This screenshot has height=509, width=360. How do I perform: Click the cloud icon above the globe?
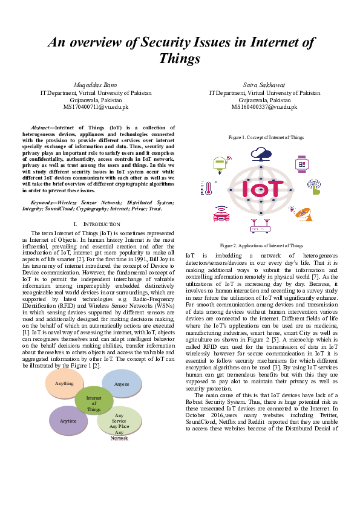tap(261, 154)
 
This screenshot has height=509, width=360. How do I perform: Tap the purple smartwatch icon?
tap(301, 164)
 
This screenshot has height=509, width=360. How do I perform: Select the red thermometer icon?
tap(208, 188)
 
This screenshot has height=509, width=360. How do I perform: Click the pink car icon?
tap(221, 215)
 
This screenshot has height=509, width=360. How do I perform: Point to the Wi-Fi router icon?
tap(261, 227)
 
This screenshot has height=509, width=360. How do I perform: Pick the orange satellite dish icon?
tap(304, 213)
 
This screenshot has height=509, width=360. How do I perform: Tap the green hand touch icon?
tap(314, 187)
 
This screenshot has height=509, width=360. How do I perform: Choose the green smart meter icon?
tap(220, 164)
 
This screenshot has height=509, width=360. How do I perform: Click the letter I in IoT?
tap(246, 189)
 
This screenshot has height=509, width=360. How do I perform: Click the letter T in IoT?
tap(274, 189)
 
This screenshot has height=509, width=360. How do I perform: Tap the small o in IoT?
tap(259, 190)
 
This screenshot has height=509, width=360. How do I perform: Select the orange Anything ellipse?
tap(64, 383)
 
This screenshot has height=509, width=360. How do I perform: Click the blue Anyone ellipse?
tap(122, 384)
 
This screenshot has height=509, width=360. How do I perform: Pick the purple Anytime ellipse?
tap(68, 421)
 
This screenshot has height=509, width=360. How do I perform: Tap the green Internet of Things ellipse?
tap(94, 400)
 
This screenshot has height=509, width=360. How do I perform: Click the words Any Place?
tap(119, 427)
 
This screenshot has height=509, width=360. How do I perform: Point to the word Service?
tap(119, 421)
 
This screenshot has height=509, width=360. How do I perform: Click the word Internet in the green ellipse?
tap(94, 398)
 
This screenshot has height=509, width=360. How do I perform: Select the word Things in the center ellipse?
tap(94, 409)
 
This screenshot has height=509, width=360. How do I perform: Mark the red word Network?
tap(120, 438)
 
